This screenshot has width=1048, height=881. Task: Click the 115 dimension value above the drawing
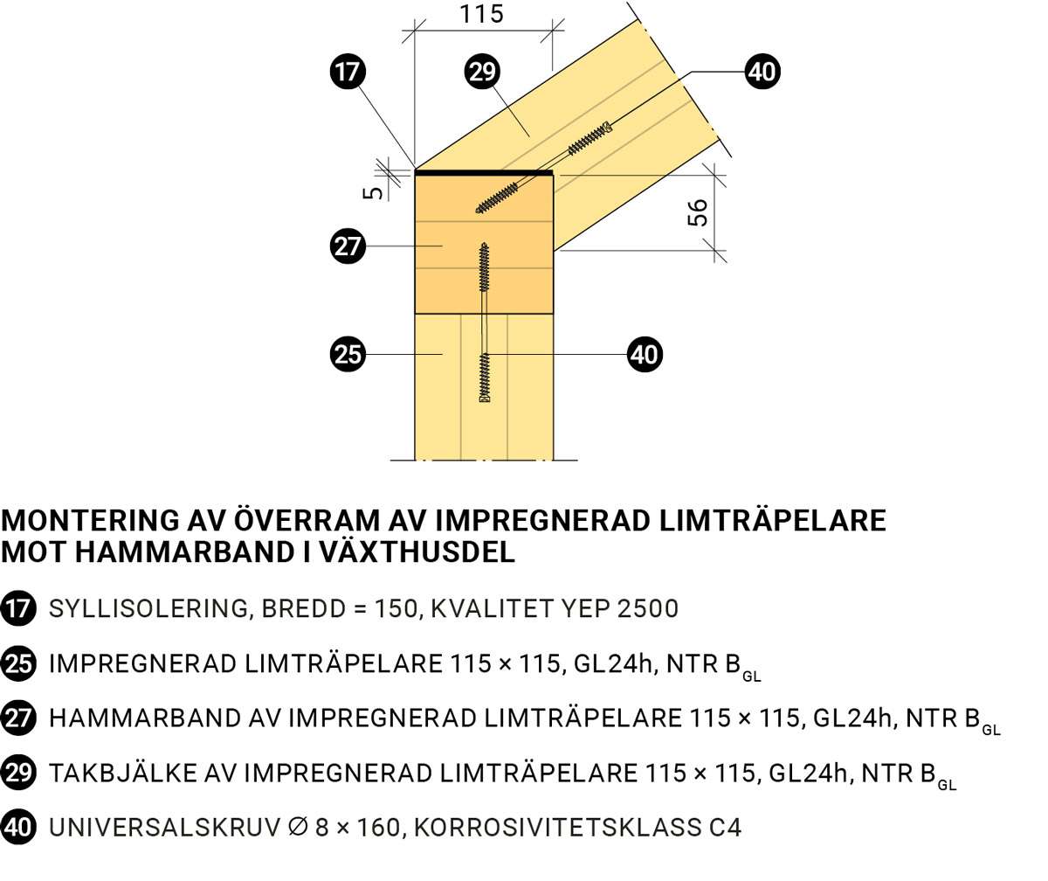pos(481,14)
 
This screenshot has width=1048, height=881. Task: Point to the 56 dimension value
pos(698,212)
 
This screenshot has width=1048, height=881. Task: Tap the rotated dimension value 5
pos(373,191)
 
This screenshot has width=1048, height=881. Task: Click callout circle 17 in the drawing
pos(348,71)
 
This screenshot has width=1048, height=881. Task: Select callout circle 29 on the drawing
pos(481,71)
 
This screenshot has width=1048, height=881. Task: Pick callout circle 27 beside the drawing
pos(348,246)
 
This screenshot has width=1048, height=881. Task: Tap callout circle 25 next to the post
pos(348,354)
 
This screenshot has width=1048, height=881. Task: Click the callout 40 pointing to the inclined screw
pos(762,71)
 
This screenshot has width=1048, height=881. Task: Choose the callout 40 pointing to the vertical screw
pos(645,355)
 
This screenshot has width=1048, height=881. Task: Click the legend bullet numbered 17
pos(18,608)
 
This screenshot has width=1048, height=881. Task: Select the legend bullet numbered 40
pos(18,827)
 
